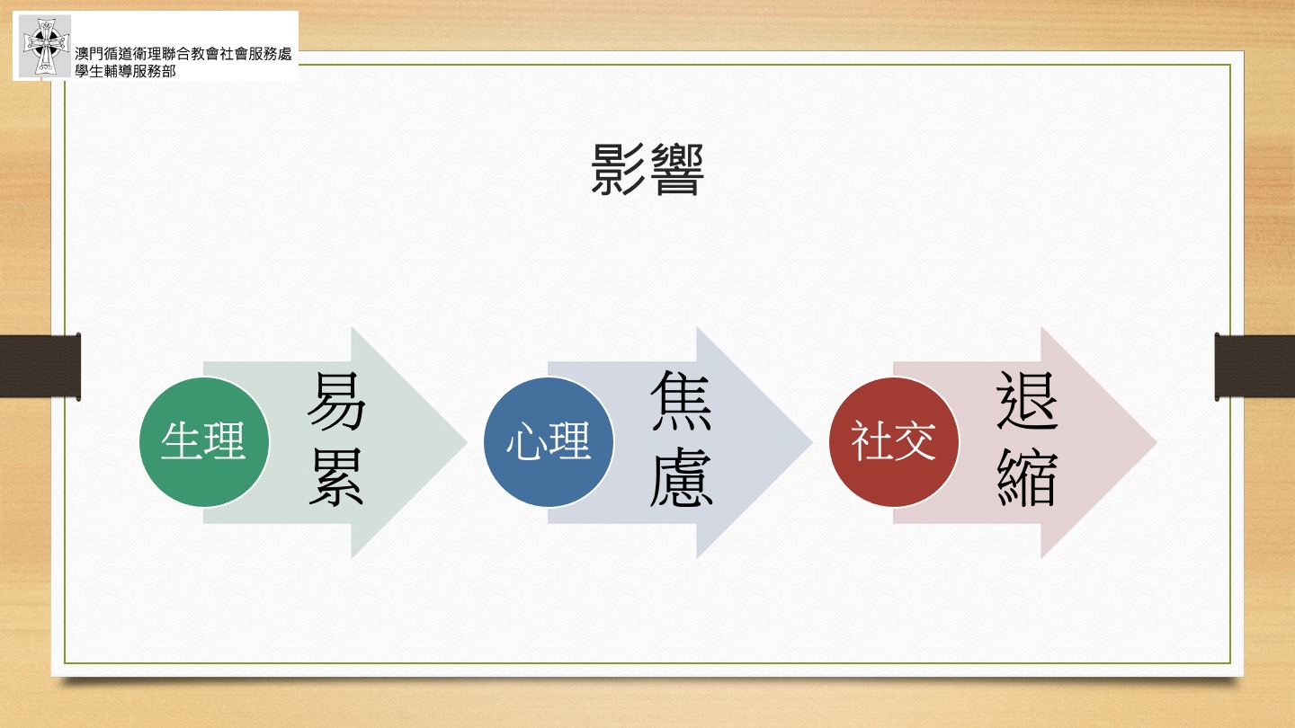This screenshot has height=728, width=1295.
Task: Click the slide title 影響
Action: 647,169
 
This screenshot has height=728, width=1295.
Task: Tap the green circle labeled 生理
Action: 204,442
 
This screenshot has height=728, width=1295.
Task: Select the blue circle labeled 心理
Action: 549,442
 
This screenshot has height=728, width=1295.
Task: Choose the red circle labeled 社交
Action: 894,442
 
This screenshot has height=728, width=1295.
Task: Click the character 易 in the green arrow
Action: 336,401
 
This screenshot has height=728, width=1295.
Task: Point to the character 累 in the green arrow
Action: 336,477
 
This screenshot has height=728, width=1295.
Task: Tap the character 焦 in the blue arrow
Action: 681,401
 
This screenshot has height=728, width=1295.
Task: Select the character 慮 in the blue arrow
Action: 681,477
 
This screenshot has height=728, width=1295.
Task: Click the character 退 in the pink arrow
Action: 1027,401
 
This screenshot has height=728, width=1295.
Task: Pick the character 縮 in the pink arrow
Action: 1027,477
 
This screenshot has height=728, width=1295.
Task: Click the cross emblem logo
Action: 45,46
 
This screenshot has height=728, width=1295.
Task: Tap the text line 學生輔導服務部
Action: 126,71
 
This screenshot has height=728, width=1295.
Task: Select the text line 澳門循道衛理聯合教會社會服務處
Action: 183,54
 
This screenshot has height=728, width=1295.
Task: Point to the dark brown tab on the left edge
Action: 40,367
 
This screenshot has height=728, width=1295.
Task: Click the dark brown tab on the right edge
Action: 1255,367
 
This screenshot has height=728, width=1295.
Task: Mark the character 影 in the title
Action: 618,169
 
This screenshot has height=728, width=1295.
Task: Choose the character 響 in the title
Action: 677,169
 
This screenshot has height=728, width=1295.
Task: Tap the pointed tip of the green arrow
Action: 467,442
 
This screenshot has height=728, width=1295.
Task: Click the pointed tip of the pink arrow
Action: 1157,442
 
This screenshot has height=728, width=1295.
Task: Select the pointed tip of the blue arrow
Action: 812,442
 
